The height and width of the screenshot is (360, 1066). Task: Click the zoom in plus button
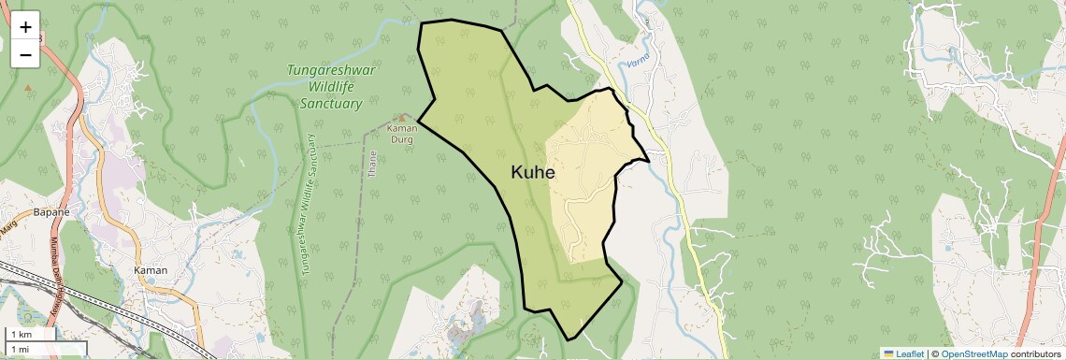pyautogui.click(x=25, y=26)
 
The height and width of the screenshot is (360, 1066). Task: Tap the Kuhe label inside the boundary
pyautogui.click(x=533, y=173)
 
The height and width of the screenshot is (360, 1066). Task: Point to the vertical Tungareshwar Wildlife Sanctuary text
pyautogui.click(x=310, y=203)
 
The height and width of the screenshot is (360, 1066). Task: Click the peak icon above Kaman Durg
pyautogui.click(x=403, y=118)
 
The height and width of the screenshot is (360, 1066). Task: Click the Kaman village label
pyautogui.click(x=151, y=270)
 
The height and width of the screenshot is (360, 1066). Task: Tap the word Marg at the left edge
pyautogui.click(x=8, y=227)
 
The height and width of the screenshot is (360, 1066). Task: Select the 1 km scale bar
pyautogui.click(x=33, y=335)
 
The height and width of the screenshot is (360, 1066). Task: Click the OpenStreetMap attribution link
pyautogui.click(x=974, y=353)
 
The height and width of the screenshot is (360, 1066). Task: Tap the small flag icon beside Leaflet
pyautogui.click(x=888, y=353)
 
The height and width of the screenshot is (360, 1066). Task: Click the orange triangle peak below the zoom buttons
pyautogui.click(x=27, y=88)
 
